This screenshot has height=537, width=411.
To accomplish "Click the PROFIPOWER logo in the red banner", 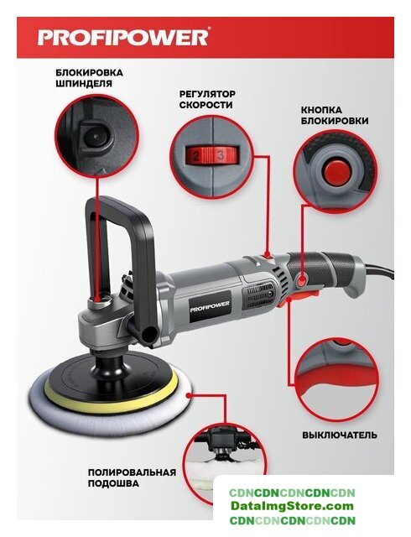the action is (122, 37).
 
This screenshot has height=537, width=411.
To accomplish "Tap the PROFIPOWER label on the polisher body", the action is (210, 305).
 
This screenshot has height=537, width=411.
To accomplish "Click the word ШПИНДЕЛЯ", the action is (84, 83).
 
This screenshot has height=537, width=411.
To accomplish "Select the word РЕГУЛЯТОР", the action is (207, 94).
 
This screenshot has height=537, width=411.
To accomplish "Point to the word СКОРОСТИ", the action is (205, 105).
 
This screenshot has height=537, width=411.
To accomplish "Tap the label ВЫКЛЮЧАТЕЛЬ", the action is (340, 435).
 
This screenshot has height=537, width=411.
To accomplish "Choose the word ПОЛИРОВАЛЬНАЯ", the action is (132, 472).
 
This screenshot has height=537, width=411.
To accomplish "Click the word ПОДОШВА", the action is (113, 483).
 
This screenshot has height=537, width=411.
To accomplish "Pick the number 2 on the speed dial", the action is (196, 157).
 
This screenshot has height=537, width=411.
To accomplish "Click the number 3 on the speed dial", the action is (221, 156).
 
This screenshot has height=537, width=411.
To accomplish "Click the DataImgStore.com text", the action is (292, 506).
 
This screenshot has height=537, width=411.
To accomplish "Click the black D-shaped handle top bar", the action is (118, 206).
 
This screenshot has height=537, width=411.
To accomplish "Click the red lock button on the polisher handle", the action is (302, 282).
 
